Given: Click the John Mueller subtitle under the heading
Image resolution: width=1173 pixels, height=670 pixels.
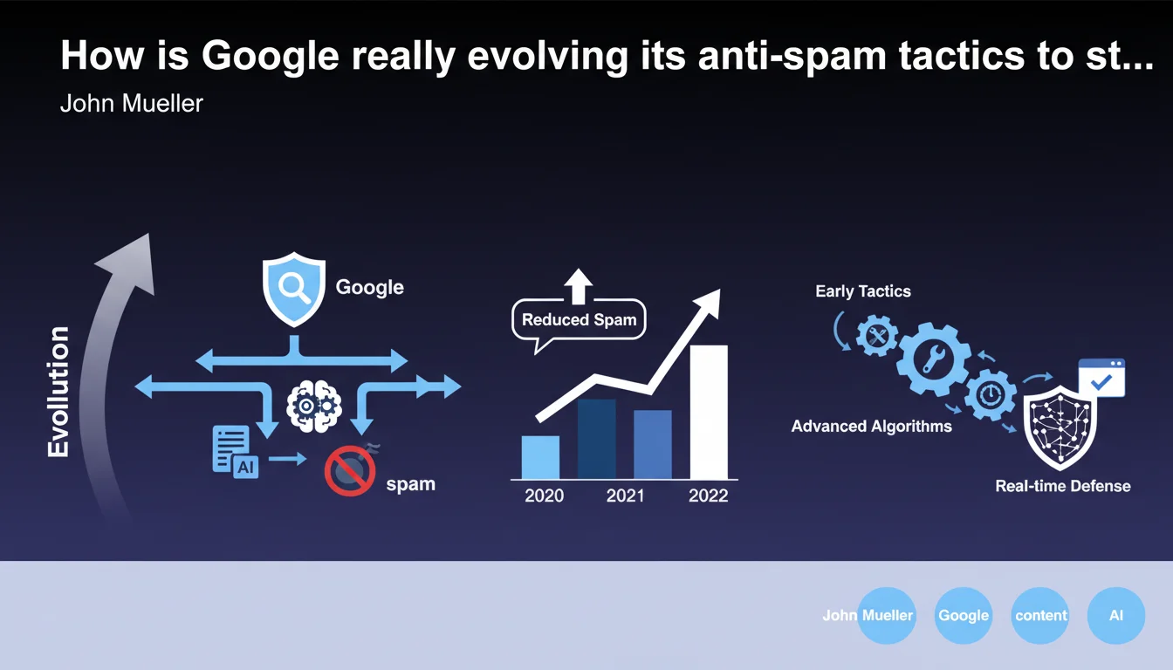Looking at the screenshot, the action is [x=132, y=103].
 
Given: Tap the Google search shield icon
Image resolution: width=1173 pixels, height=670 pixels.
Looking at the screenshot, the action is [x=294, y=289].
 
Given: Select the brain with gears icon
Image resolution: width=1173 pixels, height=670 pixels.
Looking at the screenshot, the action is [x=314, y=406].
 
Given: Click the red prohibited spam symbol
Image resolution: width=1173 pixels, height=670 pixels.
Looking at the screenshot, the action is [x=350, y=470].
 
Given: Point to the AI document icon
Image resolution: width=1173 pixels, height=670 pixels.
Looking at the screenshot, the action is [x=235, y=452].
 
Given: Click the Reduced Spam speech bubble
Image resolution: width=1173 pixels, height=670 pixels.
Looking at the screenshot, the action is [x=579, y=320].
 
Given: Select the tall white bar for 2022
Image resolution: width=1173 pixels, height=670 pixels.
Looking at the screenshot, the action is [x=709, y=412].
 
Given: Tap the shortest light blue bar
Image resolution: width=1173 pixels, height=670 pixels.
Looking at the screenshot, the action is [x=540, y=457].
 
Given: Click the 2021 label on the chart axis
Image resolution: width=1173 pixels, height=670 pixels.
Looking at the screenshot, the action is [x=625, y=496].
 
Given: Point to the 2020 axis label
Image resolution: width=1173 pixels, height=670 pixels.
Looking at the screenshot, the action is [x=544, y=496].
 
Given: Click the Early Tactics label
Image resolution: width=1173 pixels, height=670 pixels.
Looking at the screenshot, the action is [x=863, y=291].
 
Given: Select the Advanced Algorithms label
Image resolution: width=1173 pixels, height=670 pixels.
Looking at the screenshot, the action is [x=871, y=426].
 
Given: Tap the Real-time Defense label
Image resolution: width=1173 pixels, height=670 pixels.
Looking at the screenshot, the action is [x=1062, y=486].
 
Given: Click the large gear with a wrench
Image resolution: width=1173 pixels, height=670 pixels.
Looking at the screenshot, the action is [x=933, y=359].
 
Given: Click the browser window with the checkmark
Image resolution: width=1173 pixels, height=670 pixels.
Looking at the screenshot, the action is [x=1101, y=378].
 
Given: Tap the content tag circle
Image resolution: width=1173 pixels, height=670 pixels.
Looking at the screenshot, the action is [x=1040, y=616].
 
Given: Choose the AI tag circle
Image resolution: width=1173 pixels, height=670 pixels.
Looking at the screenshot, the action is [x=1116, y=616].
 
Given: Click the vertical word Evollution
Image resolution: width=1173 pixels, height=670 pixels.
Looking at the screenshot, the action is [x=58, y=392].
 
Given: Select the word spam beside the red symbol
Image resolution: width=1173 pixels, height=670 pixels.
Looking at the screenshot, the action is [x=410, y=484].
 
